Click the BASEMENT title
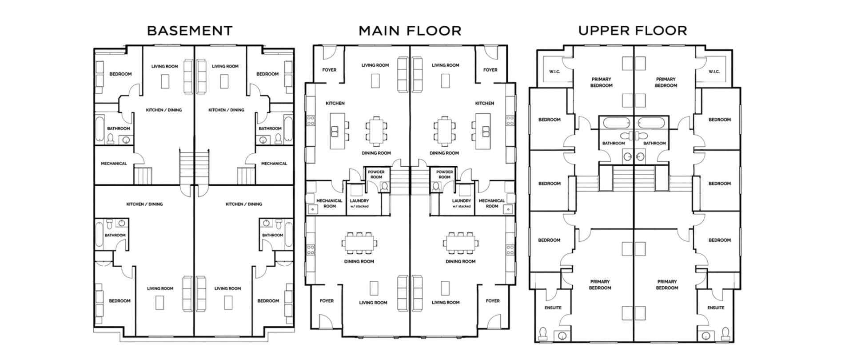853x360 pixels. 190,31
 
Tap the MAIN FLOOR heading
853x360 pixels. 410,31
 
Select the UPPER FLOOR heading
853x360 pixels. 633,31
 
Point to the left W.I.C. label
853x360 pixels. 554,72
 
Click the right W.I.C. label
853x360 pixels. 714,72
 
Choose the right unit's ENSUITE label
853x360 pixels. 716,308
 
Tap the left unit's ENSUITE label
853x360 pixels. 553,308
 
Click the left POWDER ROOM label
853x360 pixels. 376,174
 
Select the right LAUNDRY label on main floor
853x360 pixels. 462,203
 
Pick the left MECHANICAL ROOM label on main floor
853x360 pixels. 329,203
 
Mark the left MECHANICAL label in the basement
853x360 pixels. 114,164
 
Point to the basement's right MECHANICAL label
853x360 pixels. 274,164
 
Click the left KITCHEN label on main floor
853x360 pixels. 335,103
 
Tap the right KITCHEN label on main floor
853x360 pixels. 484,103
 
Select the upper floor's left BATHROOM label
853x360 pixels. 614,143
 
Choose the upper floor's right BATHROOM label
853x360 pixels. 654,143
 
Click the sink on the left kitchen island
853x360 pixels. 335,131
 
